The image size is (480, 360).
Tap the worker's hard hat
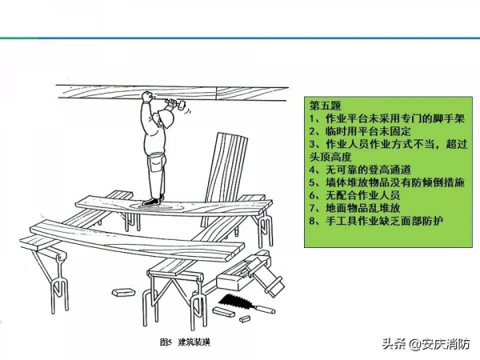(x=166, y=118)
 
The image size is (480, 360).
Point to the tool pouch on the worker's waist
(x=155, y=164)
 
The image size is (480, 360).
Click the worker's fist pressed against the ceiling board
(x=147, y=97)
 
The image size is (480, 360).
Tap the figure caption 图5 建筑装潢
(x=185, y=342)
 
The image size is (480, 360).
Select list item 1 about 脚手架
(x=387, y=118)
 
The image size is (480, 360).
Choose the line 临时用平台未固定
(x=360, y=131)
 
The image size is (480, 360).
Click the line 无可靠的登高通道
(x=360, y=170)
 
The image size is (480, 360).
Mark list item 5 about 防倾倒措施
(x=387, y=182)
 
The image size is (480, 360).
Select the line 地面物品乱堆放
(x=354, y=208)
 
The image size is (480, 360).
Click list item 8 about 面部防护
(x=376, y=221)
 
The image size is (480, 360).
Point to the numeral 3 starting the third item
(x=312, y=145)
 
